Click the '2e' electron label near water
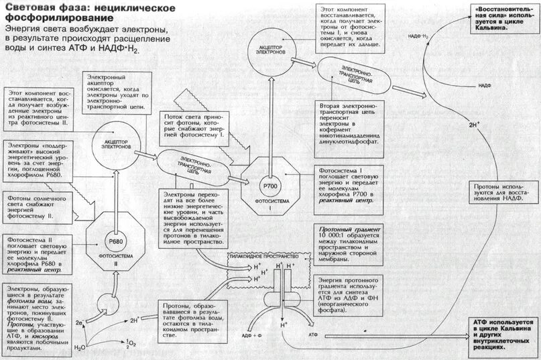(x=79, y=323)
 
